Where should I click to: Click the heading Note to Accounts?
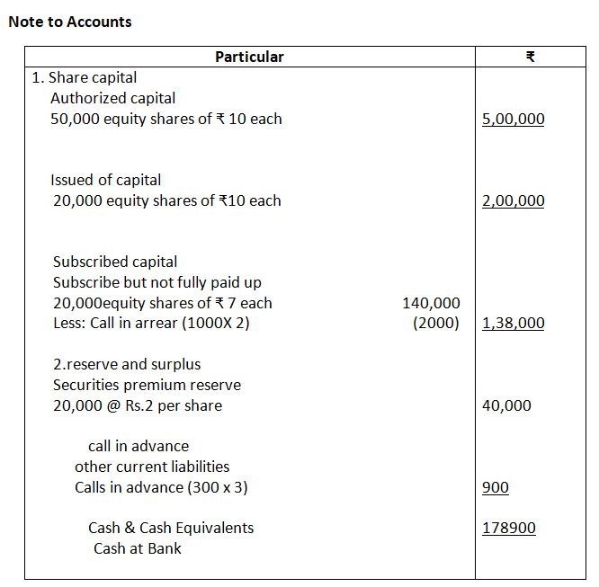pyautogui.click(x=70, y=22)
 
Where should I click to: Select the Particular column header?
pyautogui.click(x=249, y=57)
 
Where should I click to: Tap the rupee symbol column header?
pyautogui.click(x=531, y=57)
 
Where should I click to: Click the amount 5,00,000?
pyautogui.click(x=513, y=119)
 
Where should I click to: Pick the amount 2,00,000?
pyautogui.click(x=513, y=200)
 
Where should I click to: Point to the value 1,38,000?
pyautogui.click(x=513, y=324)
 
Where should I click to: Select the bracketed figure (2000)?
pyautogui.click(x=436, y=324)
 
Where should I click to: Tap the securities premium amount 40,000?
pyautogui.click(x=506, y=405)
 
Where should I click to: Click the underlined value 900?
pyautogui.click(x=496, y=487)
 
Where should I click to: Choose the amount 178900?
pyautogui.click(x=508, y=528)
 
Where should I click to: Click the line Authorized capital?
pyautogui.click(x=113, y=98)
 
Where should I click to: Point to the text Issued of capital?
pyautogui.click(x=106, y=180)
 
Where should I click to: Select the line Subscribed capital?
pyautogui.click(x=115, y=262)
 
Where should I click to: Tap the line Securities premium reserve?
pyautogui.click(x=147, y=385)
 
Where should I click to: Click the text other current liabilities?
pyautogui.click(x=152, y=467)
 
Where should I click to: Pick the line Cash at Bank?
pyautogui.click(x=138, y=548)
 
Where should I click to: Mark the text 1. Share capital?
pyautogui.click(x=85, y=77)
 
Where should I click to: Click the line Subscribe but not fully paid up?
pyautogui.click(x=157, y=282)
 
